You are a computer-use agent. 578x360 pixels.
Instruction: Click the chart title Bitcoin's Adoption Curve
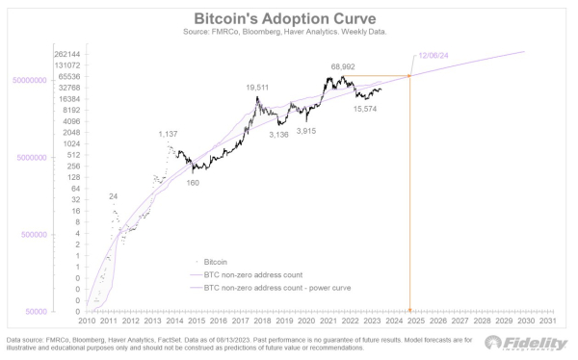click(x=288, y=18)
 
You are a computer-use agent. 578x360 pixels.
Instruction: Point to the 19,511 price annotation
click(x=256, y=88)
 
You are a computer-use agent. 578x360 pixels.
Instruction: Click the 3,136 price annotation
click(x=277, y=135)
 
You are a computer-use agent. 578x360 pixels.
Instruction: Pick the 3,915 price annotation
click(x=306, y=130)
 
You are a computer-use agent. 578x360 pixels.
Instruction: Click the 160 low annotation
click(x=193, y=182)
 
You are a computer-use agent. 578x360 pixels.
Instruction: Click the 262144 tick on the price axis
click(x=66, y=55)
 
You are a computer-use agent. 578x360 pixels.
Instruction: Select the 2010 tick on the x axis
click(x=87, y=321)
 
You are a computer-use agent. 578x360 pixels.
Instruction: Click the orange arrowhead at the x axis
click(x=411, y=309)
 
